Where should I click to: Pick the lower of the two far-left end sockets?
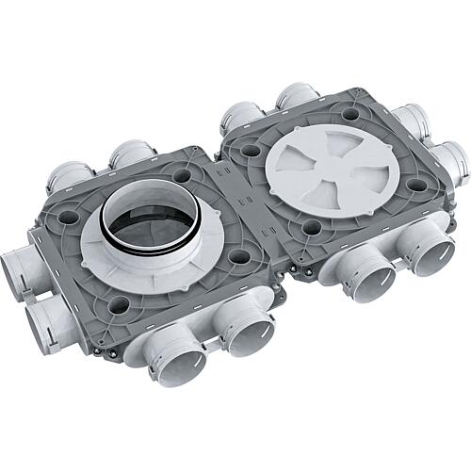coord(41,319)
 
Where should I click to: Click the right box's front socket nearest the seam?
coord(366,272)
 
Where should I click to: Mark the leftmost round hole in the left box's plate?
coord(66,215)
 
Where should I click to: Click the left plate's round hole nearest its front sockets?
coord(120,303)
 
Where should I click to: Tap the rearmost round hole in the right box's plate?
coord(350,113)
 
